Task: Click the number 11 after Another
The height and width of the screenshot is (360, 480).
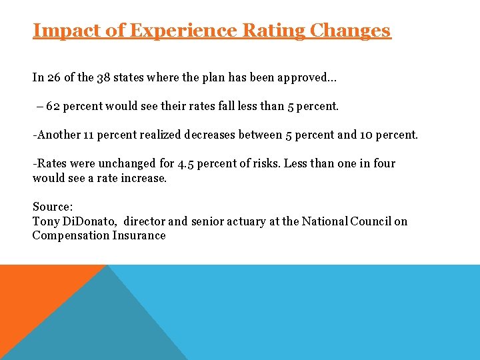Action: tap(89, 135)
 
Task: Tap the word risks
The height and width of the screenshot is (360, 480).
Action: tap(263, 163)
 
